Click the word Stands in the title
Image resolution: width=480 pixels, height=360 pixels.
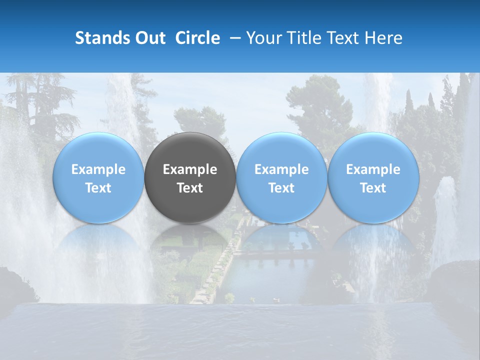pyautogui.click(x=102, y=38)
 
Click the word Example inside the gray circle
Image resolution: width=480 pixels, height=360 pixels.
pyautogui.click(x=190, y=169)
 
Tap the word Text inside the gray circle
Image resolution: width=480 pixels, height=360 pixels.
pyautogui.click(x=190, y=188)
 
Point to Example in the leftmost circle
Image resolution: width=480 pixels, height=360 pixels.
pyautogui.click(x=98, y=169)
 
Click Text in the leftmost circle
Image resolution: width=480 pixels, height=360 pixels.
pyautogui.click(x=98, y=188)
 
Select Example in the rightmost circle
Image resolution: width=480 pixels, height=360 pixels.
pyautogui.click(x=373, y=169)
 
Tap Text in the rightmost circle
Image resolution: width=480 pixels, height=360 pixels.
pyautogui.click(x=373, y=188)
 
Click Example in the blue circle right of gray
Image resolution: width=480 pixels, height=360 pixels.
pyautogui.click(x=281, y=169)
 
